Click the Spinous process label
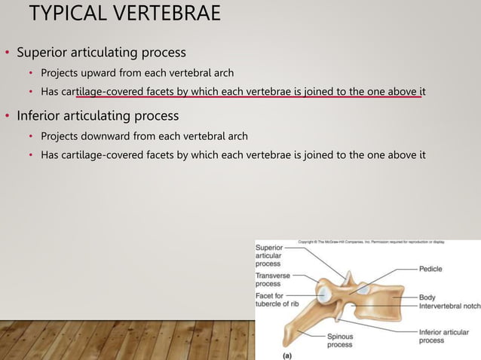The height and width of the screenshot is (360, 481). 339,341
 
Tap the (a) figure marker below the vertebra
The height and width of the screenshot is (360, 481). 286,353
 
